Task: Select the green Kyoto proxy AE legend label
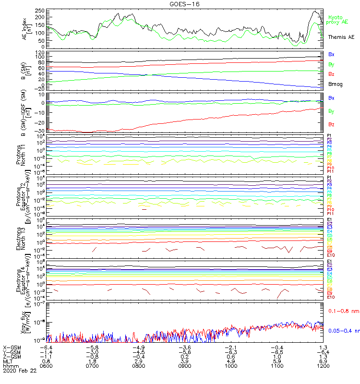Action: [337, 19]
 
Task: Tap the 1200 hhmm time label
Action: [323, 365]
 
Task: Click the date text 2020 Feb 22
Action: [19, 370]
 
